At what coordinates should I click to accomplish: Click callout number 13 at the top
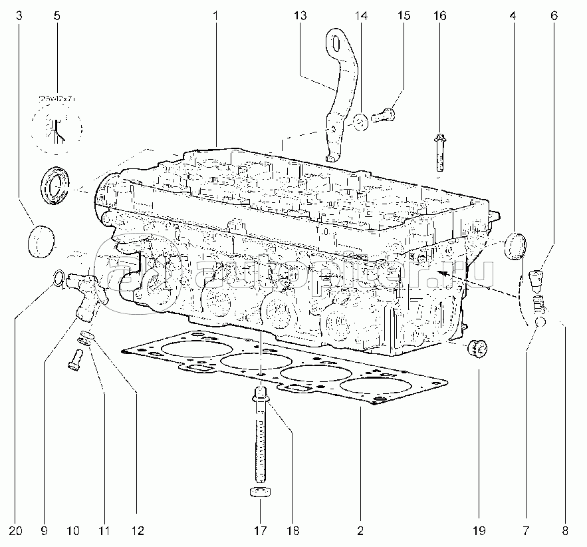301,15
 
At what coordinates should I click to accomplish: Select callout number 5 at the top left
57,15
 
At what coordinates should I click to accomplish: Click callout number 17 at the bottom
260,530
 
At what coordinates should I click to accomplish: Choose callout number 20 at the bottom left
17,530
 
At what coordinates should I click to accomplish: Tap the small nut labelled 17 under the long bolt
260,494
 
